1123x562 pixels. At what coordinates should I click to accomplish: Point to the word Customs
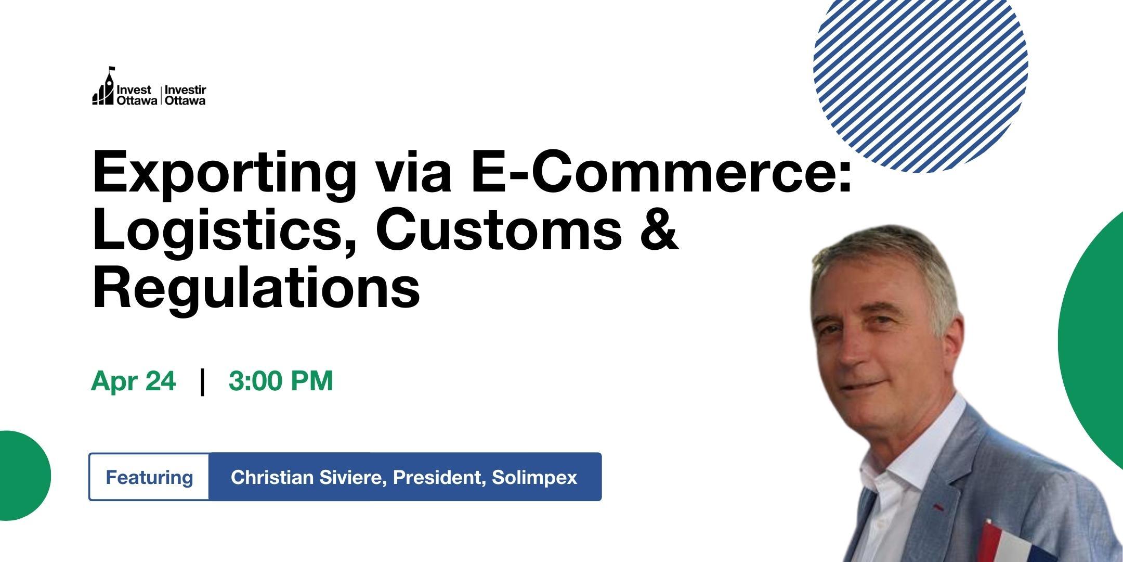click(x=499, y=229)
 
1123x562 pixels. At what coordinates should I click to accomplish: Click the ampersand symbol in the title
click(x=660, y=229)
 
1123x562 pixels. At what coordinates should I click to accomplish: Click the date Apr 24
click(x=134, y=381)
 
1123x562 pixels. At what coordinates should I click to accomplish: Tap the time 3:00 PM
click(x=281, y=381)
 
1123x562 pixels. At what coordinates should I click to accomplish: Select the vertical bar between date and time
click(x=202, y=382)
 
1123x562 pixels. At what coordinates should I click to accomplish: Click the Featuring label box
click(x=149, y=477)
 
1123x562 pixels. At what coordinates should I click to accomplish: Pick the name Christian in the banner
click(x=270, y=477)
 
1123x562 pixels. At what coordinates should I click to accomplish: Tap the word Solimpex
click(x=534, y=477)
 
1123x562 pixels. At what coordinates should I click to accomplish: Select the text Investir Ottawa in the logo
click(x=185, y=96)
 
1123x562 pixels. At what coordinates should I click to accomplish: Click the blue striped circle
click(x=920, y=68)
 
